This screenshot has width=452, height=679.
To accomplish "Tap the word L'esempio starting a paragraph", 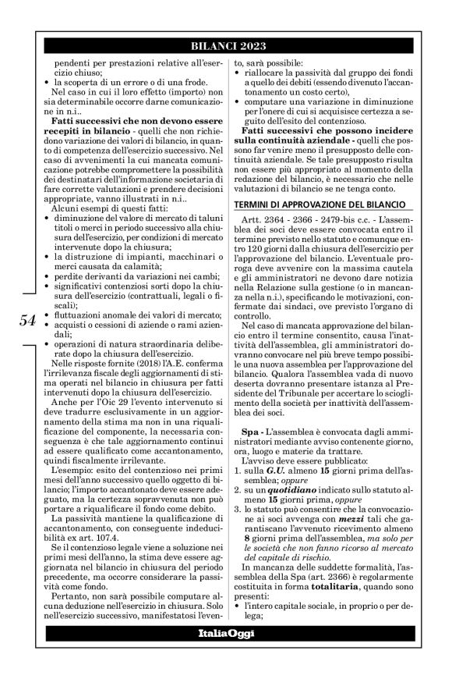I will click(71, 472).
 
